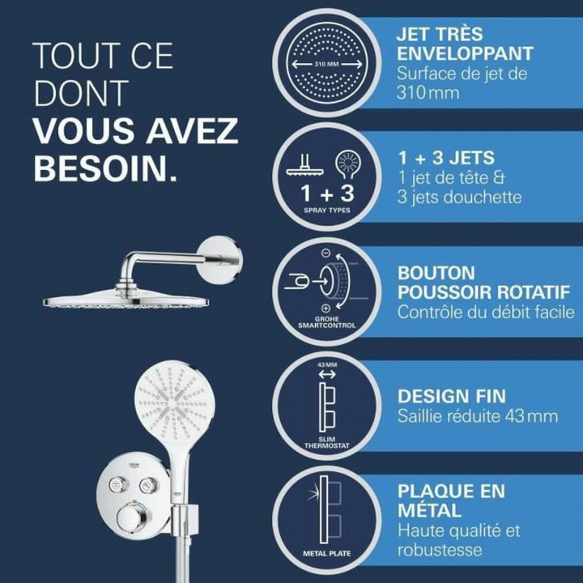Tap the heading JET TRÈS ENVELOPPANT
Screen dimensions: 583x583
click(464, 45)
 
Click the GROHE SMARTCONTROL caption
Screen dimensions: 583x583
click(326, 321)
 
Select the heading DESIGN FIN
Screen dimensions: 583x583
click(451, 396)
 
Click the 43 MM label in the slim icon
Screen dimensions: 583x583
click(326, 365)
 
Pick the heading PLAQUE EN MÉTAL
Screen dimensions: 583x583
click(450, 500)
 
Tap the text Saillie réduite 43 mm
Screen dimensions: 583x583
click(477, 417)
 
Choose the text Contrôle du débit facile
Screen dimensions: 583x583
click(485, 313)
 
